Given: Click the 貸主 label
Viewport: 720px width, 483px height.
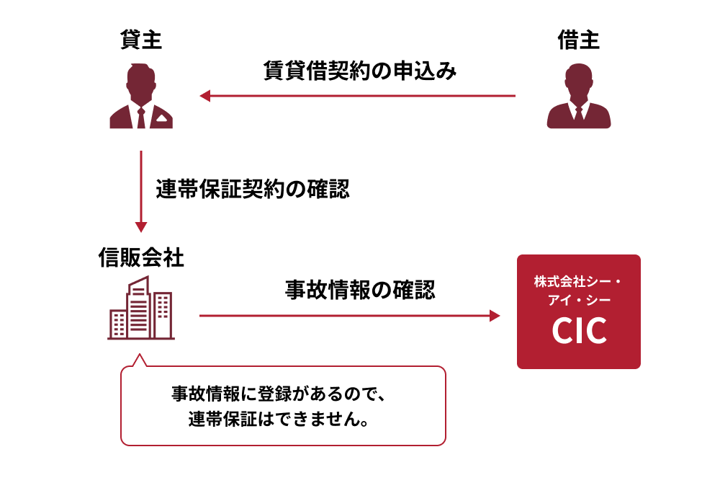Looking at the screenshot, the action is click(141, 40).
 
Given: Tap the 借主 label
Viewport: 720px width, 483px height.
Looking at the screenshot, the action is click(579, 40).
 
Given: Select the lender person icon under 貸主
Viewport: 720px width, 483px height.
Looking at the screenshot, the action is click(141, 96).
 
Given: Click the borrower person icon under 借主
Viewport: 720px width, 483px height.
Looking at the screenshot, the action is click(579, 96).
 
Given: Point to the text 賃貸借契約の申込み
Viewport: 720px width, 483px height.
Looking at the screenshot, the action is click(360, 71).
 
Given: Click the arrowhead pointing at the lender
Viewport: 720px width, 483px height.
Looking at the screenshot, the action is click(204, 96).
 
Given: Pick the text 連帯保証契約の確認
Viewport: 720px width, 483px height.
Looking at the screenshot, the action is click(253, 189).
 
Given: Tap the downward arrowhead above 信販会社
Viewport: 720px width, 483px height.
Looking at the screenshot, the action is click(141, 227).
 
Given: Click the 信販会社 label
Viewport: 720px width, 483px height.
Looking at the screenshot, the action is click(141, 257).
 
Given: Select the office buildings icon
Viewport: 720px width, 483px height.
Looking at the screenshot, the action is click(141, 307).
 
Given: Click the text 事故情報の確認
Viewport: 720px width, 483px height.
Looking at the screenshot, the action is click(360, 290).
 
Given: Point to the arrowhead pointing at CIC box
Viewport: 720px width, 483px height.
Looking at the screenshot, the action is click(495, 316).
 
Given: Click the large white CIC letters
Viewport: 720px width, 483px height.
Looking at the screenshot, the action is click(579, 330).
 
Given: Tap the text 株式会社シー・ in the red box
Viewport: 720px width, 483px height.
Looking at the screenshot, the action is click(577, 281).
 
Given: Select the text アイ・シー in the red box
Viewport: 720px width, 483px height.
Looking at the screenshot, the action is click(579, 300).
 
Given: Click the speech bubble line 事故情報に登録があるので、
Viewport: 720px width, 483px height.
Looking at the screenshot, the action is click(278, 394).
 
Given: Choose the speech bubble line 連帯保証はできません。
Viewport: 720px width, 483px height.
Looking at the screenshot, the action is click(279, 419).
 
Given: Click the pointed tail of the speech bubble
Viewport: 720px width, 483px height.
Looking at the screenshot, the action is click(139, 355).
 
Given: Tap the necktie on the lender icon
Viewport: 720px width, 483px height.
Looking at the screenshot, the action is click(141, 118).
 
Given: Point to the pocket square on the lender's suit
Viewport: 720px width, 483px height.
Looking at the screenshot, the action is click(161, 118).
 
